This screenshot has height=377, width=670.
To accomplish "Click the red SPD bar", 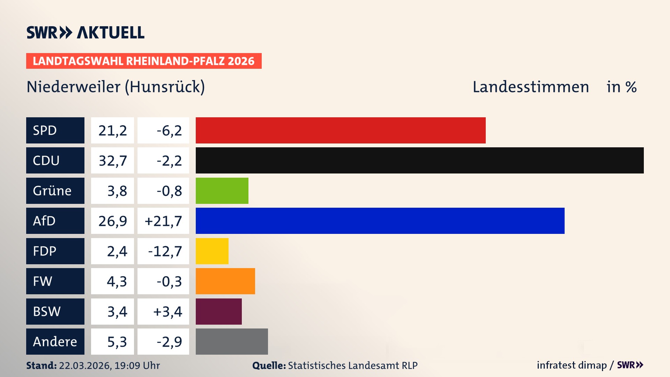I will point(340,130).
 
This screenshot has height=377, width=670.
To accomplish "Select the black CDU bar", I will point(419,160).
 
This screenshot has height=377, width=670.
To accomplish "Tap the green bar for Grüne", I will point(222,191).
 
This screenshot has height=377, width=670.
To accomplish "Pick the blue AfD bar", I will point(380,221).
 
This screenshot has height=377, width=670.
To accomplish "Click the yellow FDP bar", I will point(212,251).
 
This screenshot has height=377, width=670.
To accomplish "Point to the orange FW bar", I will point(225,281).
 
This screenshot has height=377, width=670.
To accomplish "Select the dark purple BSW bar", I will point(218,311).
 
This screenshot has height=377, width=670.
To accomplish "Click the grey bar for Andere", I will point(232,341).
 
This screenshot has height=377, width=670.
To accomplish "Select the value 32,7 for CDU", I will point(112,161).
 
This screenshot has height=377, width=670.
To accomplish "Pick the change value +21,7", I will point(163,221).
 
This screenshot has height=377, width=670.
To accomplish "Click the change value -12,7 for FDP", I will point(165,251).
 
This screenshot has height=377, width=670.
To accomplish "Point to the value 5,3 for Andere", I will point(117,342).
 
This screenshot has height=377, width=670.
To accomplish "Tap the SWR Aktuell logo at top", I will point(85,32).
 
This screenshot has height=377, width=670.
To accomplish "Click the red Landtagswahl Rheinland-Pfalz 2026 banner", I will point(143,61).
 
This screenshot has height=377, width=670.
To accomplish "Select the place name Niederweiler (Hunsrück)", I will point(116,87).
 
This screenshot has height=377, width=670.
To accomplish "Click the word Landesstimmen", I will point(530,87).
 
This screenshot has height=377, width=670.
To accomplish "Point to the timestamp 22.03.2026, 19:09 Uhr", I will point(109,365).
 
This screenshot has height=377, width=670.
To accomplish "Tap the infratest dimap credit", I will point(572,365).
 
